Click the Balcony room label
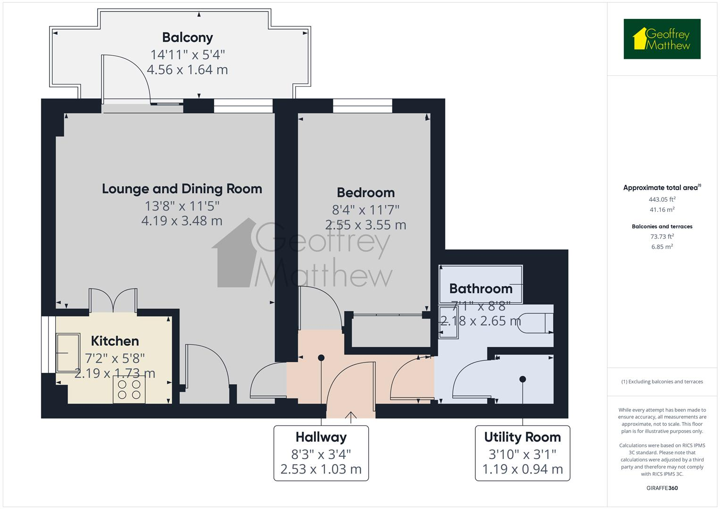[x=187, y=38]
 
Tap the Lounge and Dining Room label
[x=182, y=189]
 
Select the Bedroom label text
[x=366, y=193]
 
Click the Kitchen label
[x=115, y=341]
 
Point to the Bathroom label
[x=481, y=288]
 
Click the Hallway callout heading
[x=321, y=437]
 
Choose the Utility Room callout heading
[x=522, y=437]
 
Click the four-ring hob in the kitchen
[x=129, y=389]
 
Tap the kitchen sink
[x=68, y=353]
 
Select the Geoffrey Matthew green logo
[x=662, y=39]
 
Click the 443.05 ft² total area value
[x=662, y=199]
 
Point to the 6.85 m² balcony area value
[x=662, y=246]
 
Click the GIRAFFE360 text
[x=662, y=488]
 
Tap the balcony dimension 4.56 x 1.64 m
[x=187, y=70]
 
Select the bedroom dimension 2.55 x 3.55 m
[x=366, y=225]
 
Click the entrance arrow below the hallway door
[x=351, y=417]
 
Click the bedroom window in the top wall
[x=363, y=106]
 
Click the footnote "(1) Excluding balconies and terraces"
[x=662, y=382]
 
